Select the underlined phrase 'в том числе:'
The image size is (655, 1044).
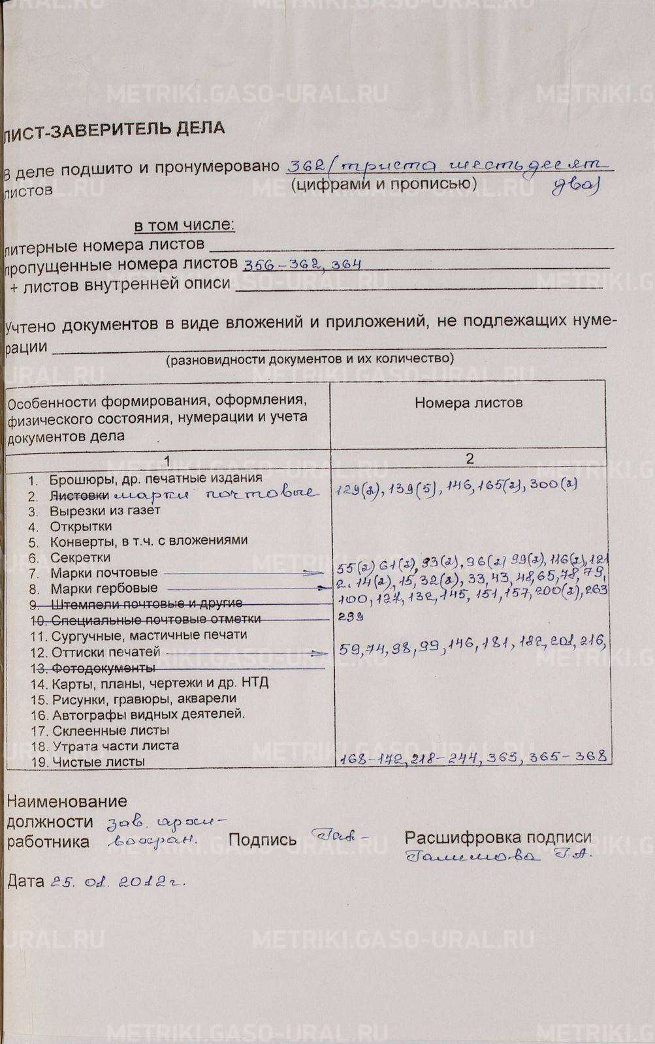click(184, 226)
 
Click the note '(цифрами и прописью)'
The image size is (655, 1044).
click(384, 184)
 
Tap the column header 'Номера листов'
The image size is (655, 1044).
click(468, 403)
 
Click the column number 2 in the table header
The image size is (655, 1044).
click(470, 458)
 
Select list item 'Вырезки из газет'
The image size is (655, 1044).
click(104, 510)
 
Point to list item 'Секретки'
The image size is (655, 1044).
click(80, 557)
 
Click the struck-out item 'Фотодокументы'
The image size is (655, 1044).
click(103, 668)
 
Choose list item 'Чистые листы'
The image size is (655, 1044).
click(98, 761)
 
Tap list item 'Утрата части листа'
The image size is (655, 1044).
click(115, 746)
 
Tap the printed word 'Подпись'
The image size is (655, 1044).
click(263, 840)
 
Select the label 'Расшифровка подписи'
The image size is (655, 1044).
click(498, 837)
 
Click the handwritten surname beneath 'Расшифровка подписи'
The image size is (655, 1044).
click(473, 857)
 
